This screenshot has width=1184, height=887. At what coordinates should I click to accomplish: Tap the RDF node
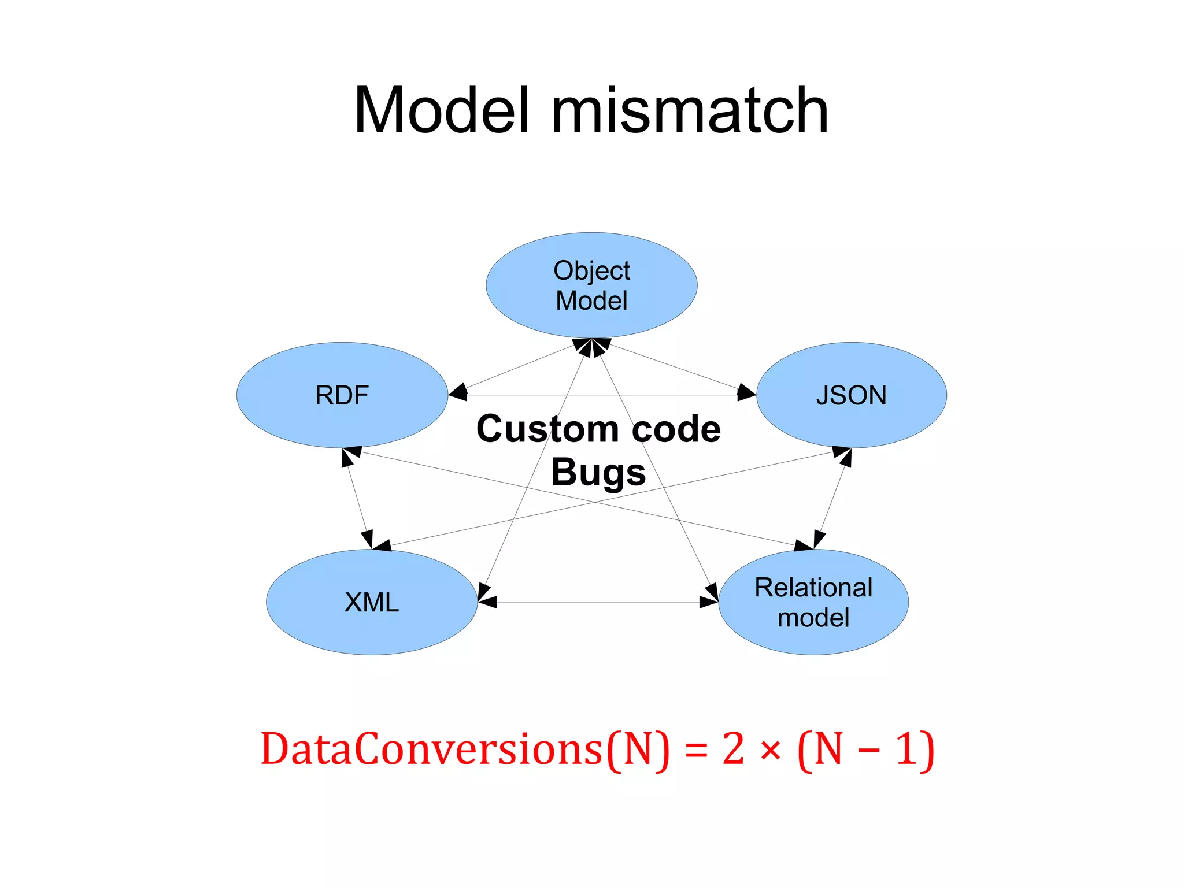342,395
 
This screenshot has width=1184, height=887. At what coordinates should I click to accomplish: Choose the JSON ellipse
851,395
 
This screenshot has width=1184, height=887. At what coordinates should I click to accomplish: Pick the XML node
372,602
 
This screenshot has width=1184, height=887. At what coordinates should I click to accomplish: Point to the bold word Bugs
598,472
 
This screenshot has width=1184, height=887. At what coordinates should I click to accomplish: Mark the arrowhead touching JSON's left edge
746,393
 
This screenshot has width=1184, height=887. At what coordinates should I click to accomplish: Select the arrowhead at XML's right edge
486,602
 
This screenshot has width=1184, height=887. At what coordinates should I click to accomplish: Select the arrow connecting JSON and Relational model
832,498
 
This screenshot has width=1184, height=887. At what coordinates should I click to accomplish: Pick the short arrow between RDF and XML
357,498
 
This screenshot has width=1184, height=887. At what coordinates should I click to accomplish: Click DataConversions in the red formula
431,749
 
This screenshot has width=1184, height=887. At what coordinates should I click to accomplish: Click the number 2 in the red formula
733,749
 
